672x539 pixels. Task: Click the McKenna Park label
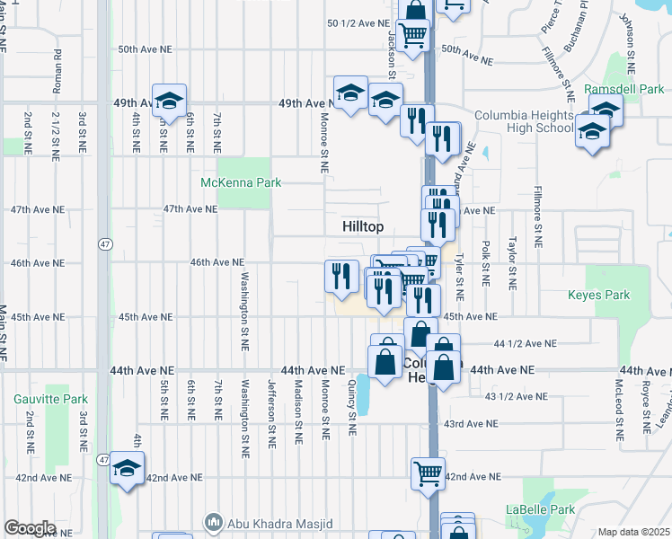pos(240,182)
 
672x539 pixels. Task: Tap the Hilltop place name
pos(363,227)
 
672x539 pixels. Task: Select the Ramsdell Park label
pos(623,89)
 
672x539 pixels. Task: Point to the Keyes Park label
pos(598,295)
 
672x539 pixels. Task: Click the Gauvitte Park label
pos(50,399)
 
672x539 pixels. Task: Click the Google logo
pos(30,528)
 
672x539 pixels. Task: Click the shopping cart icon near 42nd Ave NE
pos(429,473)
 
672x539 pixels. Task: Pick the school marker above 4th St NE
pos(168,102)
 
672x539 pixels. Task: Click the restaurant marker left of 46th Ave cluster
pos(340,276)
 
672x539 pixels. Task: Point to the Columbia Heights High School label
pos(524,121)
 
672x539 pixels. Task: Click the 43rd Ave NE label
pos(472,423)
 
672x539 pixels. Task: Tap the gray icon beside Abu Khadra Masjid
pos(214,523)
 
